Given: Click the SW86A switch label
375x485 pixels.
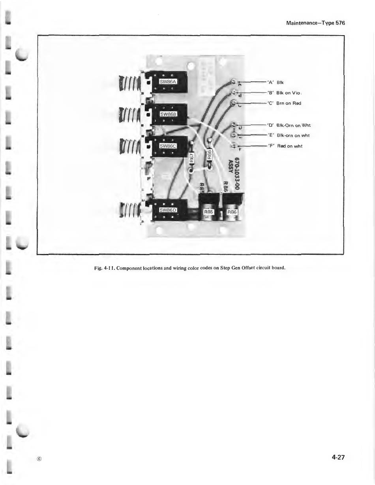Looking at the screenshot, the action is [167, 81].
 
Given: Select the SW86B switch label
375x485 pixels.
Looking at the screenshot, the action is [167, 114].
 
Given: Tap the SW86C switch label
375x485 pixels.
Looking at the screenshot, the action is [167, 146].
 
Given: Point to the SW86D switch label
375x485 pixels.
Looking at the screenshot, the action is [167, 210].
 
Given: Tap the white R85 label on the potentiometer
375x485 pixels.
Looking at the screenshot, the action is [208, 212].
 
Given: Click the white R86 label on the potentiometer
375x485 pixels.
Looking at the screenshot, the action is [231, 212].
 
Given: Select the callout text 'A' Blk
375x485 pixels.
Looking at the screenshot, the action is [276, 83].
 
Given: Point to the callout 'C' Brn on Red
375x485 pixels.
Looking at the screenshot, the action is [284, 103].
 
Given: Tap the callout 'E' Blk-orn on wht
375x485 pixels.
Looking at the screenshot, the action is [288, 135].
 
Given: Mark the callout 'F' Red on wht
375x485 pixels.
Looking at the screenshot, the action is [285, 146].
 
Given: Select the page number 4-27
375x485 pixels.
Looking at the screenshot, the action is [338, 458].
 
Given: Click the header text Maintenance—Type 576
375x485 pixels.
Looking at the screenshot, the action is [315, 23].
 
